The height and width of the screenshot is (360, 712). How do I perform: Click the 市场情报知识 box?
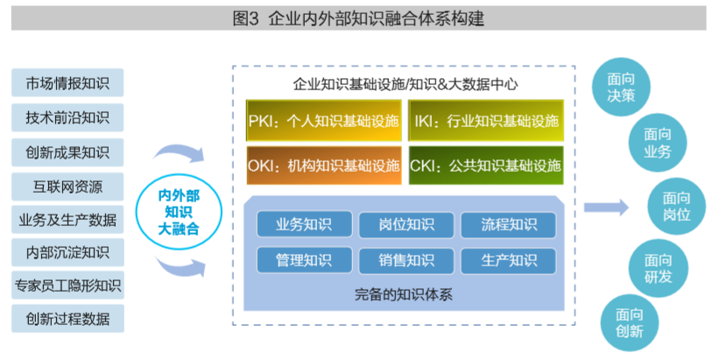click(x=67, y=83)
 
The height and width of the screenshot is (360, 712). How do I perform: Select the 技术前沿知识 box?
click(x=67, y=117)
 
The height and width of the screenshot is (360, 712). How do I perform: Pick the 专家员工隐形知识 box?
click(x=67, y=285)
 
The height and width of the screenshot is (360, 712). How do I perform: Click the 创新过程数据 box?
click(x=67, y=318)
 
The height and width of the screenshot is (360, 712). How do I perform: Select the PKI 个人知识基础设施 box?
click(x=323, y=122)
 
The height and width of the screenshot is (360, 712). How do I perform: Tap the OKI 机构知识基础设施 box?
click(x=323, y=165)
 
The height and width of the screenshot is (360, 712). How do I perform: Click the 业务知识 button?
click(x=304, y=225)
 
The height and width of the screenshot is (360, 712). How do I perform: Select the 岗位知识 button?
click(x=406, y=225)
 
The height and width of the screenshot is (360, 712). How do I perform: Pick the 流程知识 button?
click(x=508, y=225)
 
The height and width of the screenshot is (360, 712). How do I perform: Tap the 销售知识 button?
click(x=406, y=260)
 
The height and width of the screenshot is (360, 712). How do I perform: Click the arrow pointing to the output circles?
click(x=606, y=208)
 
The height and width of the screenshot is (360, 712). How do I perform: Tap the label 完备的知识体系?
click(x=405, y=293)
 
